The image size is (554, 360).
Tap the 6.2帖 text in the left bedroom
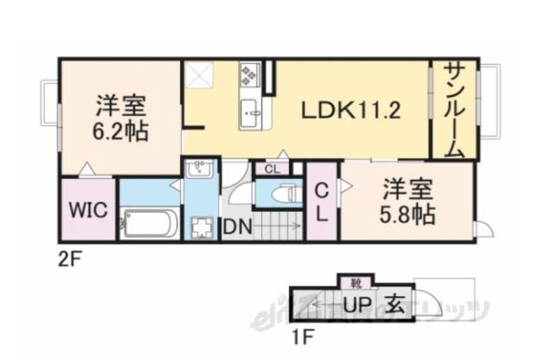coord(121,132)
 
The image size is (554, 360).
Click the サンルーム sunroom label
coord(454,110)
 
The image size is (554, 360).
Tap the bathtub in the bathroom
coord(149,224)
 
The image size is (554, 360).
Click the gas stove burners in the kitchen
coord(249,75)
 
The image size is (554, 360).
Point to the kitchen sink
coord(252,110)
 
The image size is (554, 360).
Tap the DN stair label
coord(235,228)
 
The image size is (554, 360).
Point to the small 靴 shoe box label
coord(356,281)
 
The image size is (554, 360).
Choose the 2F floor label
coord(68,257)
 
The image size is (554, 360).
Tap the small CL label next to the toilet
coord(272,169)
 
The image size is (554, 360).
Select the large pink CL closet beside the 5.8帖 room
coord(320,202)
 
